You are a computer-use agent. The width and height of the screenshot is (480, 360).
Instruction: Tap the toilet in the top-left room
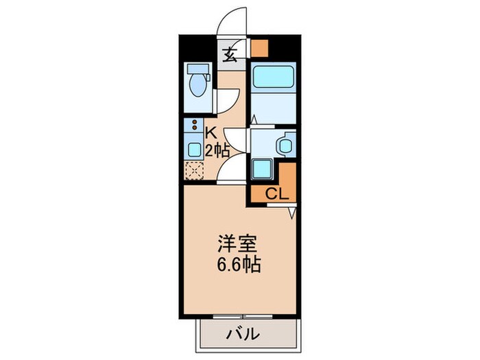[x=199, y=82]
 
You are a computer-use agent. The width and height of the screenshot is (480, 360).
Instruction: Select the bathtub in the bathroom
[x=271, y=77]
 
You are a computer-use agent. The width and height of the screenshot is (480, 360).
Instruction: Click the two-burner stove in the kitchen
[x=194, y=128]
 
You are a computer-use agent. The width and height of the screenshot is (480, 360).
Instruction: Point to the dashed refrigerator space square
[x=193, y=169]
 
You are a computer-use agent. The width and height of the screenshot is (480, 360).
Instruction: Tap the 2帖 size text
[x=216, y=151]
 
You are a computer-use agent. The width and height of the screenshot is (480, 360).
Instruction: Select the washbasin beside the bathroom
[x=285, y=145]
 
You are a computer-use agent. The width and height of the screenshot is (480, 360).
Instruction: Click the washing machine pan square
[x=262, y=169]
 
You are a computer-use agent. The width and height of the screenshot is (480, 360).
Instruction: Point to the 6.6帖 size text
[x=239, y=265]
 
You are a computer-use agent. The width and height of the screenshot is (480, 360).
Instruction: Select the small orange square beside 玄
[x=259, y=47]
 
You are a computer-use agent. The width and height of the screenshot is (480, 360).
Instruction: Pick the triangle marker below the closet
[x=291, y=213]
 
